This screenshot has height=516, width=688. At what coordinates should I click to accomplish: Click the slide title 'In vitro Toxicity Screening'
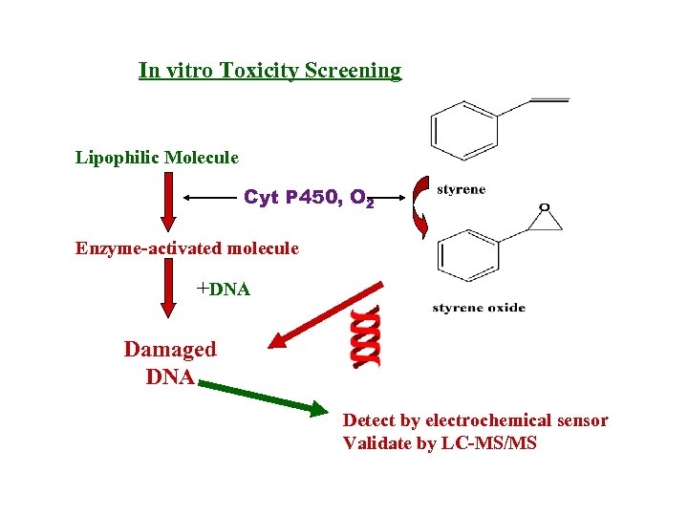click(x=269, y=71)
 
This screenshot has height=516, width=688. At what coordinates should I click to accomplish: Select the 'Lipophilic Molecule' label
click(x=157, y=157)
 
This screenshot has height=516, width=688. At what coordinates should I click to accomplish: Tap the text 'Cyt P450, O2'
click(x=308, y=198)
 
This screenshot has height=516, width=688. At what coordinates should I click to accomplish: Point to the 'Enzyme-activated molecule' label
click(x=187, y=248)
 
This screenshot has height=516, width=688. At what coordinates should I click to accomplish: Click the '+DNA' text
click(x=223, y=289)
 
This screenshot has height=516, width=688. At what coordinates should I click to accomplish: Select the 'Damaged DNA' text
click(x=170, y=363)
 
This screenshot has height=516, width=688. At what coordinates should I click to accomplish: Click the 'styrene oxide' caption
click(x=479, y=308)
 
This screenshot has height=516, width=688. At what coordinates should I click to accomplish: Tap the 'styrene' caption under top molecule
click(x=461, y=189)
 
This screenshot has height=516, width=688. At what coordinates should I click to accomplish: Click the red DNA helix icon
click(x=365, y=337)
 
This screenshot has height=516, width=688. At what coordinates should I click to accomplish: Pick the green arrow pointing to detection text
click(x=264, y=397)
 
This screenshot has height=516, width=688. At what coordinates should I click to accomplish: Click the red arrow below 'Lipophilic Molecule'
click(x=168, y=204)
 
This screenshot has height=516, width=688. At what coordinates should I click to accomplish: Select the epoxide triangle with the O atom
click(x=544, y=219)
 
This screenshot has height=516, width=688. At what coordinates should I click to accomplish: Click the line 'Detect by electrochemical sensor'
click(x=475, y=420)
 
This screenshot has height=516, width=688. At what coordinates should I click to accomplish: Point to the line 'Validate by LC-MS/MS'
click(x=440, y=443)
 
